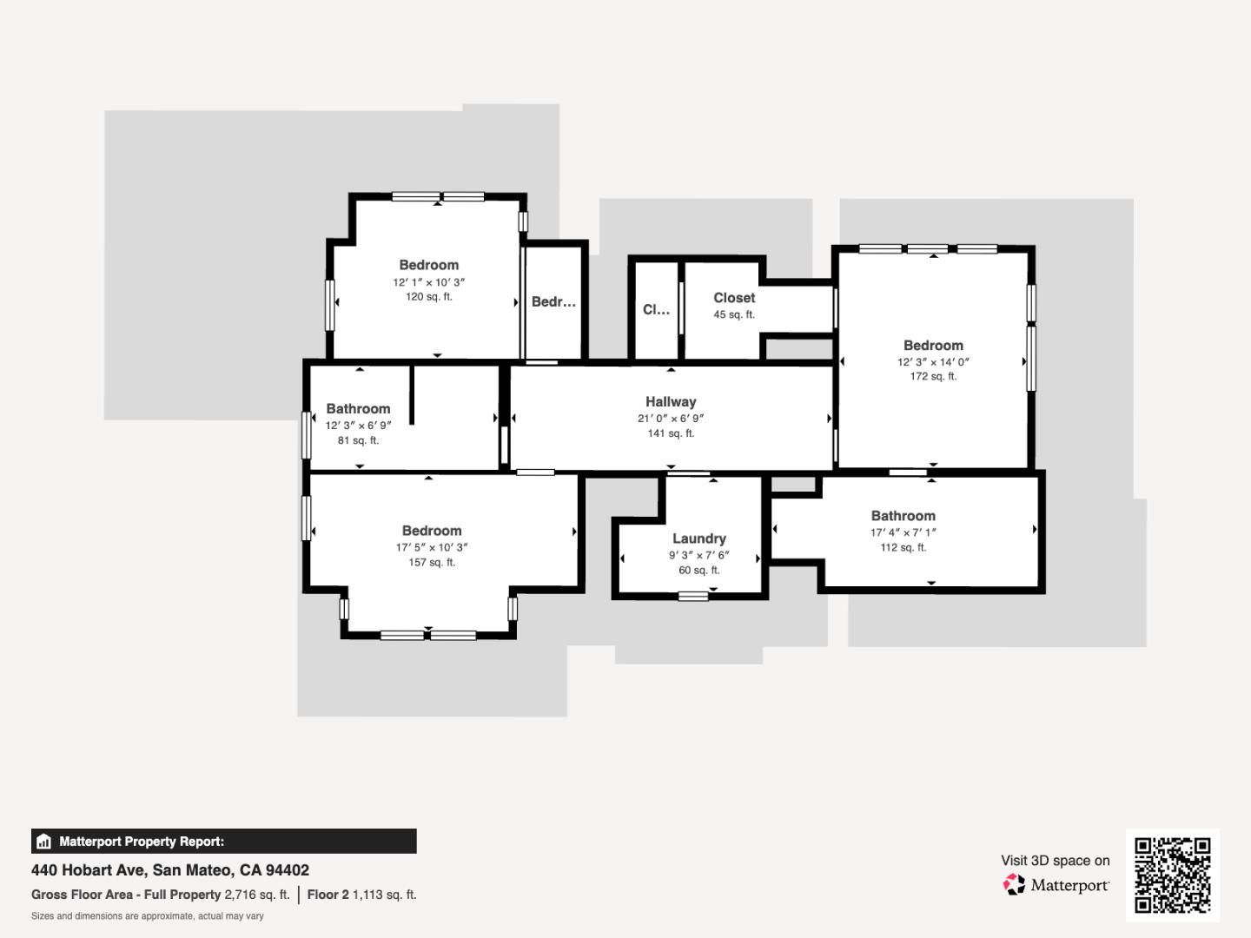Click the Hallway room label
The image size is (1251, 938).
pos(671,401)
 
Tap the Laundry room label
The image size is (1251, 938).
pos(699,538)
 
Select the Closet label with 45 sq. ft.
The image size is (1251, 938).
pos(734,298)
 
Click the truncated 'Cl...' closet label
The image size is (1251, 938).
pos(656,309)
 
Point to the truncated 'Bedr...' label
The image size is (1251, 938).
pos(553,302)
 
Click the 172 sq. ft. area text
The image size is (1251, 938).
pos(933,376)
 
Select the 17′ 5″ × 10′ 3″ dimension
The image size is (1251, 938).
pos(432,547)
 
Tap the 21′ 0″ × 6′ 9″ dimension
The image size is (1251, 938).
pos(671,419)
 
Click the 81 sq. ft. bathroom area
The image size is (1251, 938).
pos(358,440)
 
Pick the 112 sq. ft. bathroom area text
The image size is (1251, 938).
pos(903,547)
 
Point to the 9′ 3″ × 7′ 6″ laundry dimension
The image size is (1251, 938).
pos(699,555)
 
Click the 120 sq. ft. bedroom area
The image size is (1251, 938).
pos(428,297)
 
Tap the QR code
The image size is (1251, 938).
pos(1172,875)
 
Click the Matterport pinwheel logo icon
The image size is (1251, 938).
pos(1014,884)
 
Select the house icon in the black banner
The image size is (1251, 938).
pos(44,842)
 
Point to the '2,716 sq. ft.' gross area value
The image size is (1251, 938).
pos(257,895)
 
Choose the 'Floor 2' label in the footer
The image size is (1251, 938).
pos(328,895)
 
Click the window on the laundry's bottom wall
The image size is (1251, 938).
pos(693,597)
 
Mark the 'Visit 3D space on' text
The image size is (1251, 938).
pos(1055,861)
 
